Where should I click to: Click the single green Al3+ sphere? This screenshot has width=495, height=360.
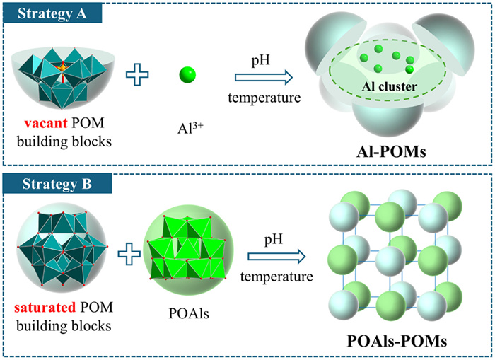pos(187,74)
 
